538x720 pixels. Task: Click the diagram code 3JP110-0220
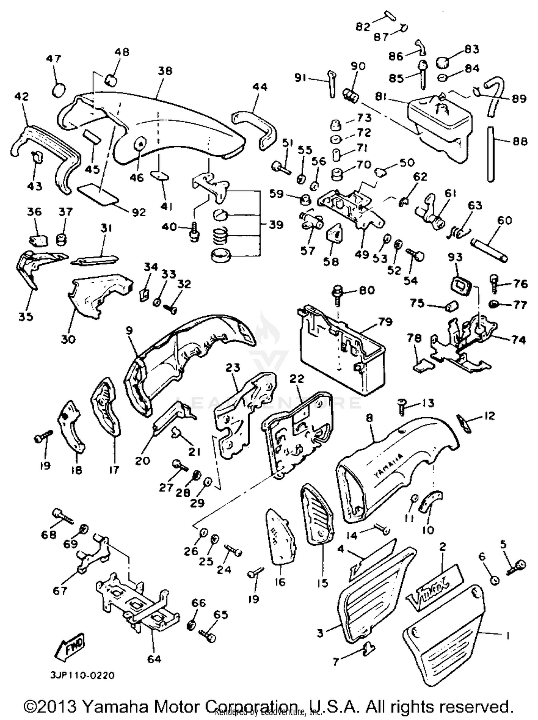(x=82, y=676)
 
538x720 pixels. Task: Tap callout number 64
(x=154, y=659)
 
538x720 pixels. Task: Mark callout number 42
(x=22, y=97)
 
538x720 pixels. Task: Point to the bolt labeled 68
(x=63, y=516)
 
